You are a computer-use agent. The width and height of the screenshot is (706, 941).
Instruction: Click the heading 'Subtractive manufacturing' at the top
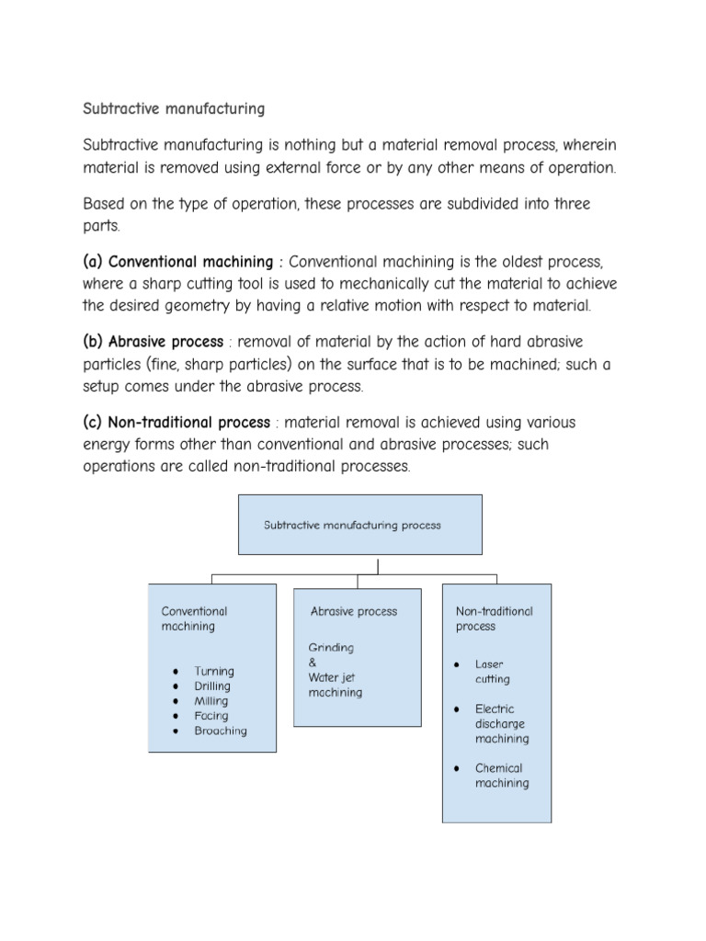click(174, 109)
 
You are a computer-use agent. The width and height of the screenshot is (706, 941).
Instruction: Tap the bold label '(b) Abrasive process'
click(153, 342)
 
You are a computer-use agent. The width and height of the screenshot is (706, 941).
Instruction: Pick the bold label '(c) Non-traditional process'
click(176, 422)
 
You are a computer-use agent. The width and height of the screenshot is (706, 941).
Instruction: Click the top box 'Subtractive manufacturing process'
click(352, 526)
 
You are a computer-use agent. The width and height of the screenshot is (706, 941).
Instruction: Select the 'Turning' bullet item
click(214, 671)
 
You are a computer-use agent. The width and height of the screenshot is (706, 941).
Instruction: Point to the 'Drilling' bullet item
click(212, 686)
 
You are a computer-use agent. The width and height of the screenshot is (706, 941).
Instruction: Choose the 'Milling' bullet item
click(211, 701)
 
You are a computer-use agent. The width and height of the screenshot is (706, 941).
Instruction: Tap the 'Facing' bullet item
click(211, 716)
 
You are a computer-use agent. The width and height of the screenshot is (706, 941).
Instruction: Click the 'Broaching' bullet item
click(220, 731)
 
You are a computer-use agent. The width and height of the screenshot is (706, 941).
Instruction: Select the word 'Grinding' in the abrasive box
click(331, 648)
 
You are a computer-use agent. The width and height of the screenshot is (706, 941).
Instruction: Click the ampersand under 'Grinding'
click(312, 663)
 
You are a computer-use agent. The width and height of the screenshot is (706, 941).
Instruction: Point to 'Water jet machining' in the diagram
click(335, 685)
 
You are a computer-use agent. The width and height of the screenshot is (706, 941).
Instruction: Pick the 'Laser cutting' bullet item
click(492, 672)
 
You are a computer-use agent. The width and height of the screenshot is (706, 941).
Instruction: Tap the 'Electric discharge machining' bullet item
click(501, 723)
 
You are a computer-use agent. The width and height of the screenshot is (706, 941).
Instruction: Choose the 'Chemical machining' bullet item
click(501, 776)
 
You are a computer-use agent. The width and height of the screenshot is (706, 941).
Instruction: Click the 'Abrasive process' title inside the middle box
click(354, 611)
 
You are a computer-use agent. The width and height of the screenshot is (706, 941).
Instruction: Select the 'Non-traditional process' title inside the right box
click(494, 618)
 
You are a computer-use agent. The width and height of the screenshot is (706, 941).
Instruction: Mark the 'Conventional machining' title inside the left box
click(194, 618)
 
